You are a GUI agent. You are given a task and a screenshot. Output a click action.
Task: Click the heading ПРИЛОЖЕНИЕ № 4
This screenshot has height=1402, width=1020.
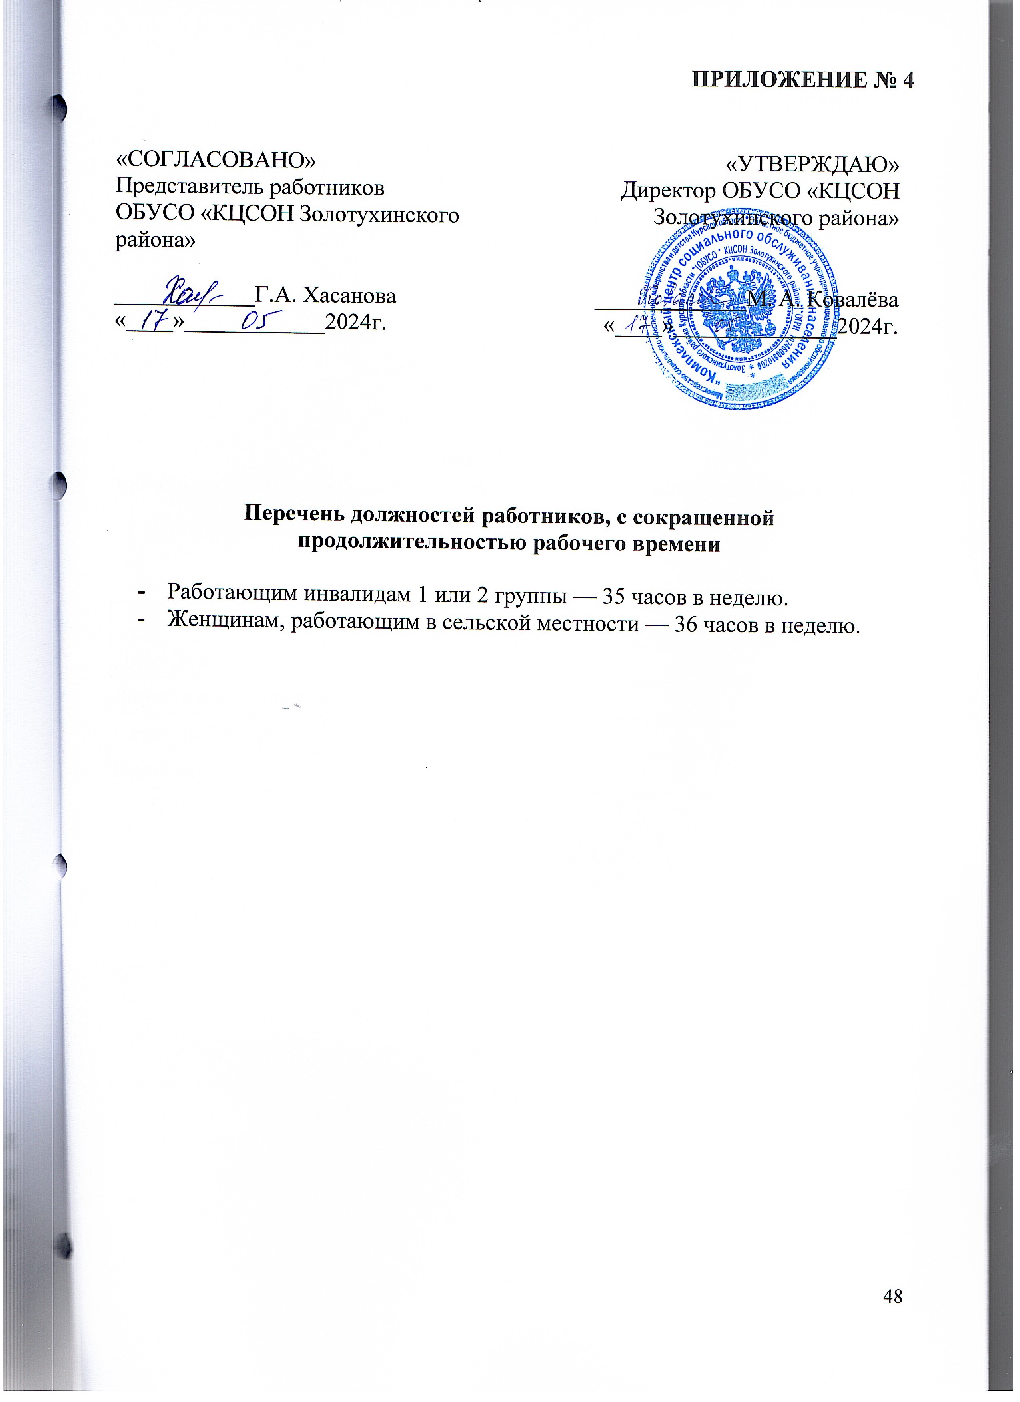point(802,81)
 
